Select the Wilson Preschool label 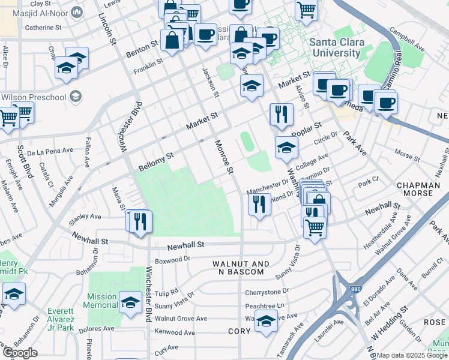(34, 97)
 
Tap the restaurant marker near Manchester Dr (260, 205)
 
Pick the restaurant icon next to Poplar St (281, 113)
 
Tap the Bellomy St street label (155, 159)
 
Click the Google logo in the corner (19, 353)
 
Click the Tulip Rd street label (166, 292)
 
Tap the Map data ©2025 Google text (412, 355)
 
